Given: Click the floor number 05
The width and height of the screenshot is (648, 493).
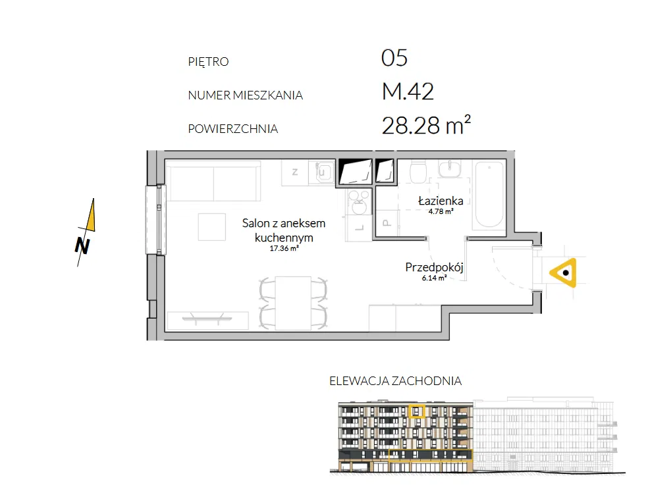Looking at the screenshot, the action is [394, 58].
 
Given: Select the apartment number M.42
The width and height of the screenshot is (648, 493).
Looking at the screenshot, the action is [408, 91].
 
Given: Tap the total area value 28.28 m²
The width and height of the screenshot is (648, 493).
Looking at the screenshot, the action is [426, 124].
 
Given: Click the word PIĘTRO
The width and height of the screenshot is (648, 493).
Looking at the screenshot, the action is [208, 61].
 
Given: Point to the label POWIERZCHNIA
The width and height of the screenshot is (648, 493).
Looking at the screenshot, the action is [233, 129].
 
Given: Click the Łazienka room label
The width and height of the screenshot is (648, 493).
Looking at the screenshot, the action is [441, 201].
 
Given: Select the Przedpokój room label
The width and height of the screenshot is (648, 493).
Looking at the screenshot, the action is [435, 267].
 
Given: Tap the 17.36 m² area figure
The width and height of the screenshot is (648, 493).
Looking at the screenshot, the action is [284, 249].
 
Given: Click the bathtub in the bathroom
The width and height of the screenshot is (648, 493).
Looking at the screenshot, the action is [490, 194].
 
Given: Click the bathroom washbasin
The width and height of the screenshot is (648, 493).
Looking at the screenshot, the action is [450, 169].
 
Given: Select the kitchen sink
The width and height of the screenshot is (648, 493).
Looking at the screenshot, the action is [325, 172].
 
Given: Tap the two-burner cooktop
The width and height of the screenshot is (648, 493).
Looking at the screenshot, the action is [358, 202].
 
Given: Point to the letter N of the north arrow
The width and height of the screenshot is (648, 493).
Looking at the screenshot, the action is [83, 246].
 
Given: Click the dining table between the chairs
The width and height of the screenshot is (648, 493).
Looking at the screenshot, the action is [293, 303].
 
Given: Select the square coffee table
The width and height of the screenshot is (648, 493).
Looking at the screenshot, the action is [212, 226].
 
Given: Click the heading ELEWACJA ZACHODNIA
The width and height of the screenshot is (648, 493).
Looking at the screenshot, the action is [396, 380].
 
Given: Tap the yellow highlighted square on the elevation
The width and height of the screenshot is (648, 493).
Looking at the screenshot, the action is [417, 411].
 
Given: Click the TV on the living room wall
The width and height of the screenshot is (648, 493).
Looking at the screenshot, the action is [207, 319].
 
